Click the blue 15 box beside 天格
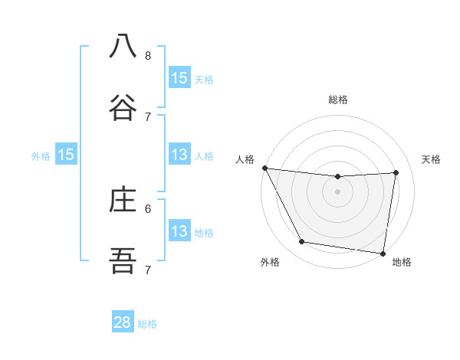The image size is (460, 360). coord(179,78)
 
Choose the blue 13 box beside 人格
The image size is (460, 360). coord(179,155)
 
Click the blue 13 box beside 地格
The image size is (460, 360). coord(179,231)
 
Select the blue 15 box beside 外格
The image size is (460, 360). coord(66,155)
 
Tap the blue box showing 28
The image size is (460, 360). coord(123,322)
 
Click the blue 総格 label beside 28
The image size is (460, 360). coord(147,324)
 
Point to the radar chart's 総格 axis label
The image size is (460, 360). coord(338,100)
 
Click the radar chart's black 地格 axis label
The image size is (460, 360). coord(402,262)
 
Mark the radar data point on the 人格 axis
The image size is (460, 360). coord(264,168)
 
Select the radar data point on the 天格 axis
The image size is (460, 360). coord(396,172)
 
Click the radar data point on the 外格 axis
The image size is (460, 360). coord(302,242)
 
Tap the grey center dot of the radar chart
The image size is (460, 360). coord(338,191)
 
